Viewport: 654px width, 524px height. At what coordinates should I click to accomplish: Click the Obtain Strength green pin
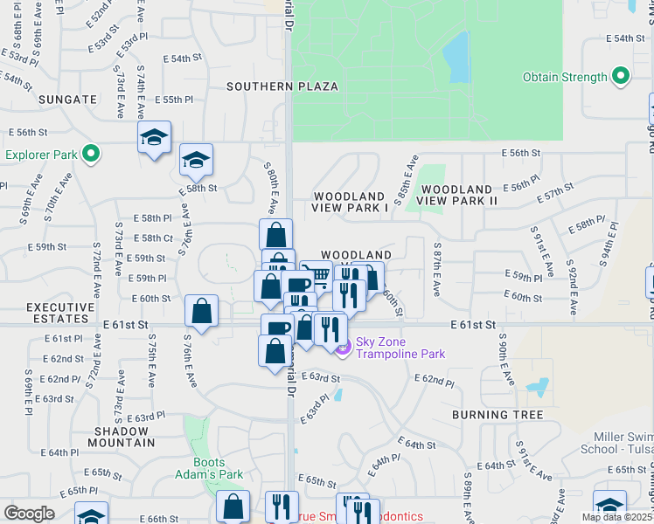(621, 77)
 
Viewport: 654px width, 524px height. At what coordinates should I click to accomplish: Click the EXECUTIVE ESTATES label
(59, 314)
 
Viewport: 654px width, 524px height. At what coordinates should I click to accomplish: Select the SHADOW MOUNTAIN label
(124, 437)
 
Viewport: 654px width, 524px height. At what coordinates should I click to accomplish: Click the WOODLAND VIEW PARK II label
(456, 195)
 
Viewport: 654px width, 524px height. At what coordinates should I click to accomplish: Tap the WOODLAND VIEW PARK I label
(349, 202)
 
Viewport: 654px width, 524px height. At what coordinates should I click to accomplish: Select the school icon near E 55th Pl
(154, 137)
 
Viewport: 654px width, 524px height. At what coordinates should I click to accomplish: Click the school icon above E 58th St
(196, 160)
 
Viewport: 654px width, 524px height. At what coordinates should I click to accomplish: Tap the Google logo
(30, 513)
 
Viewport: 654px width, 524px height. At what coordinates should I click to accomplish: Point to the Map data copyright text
(616, 517)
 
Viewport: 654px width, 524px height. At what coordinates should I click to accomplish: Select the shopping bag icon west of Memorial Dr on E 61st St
(201, 310)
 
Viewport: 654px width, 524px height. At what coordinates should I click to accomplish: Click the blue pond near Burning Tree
(537, 385)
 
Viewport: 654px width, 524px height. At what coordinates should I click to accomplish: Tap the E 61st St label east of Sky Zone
(474, 324)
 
